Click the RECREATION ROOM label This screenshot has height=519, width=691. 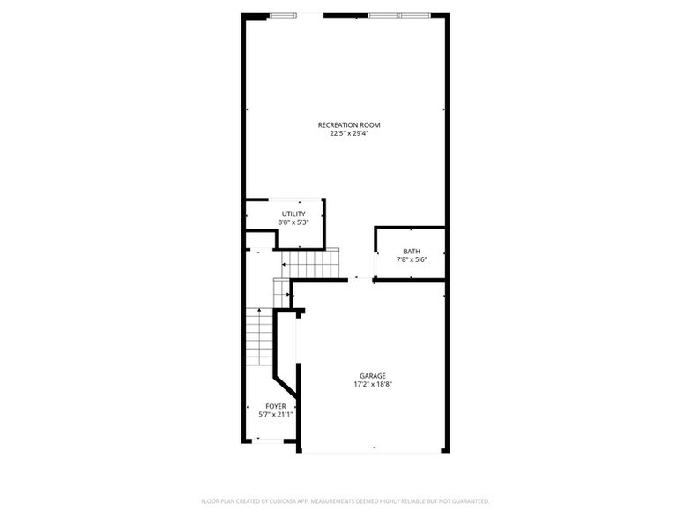(349, 125)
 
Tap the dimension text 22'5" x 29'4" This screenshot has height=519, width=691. (349, 134)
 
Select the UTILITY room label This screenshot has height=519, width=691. (293, 214)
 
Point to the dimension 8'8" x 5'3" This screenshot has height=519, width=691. (293, 223)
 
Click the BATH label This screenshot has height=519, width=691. (412, 252)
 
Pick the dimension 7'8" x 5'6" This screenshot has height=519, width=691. (412, 260)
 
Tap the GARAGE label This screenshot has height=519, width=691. (372, 375)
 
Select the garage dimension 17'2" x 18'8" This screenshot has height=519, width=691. (372, 384)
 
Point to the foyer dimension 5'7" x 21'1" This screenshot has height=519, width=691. (275, 414)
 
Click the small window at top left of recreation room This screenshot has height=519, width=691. (283, 15)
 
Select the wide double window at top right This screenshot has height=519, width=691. (400, 15)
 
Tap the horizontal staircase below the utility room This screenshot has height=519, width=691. (310, 263)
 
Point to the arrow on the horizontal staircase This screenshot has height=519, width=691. (286, 263)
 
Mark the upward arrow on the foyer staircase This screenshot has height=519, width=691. (258, 312)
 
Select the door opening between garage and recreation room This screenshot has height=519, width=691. (357, 280)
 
